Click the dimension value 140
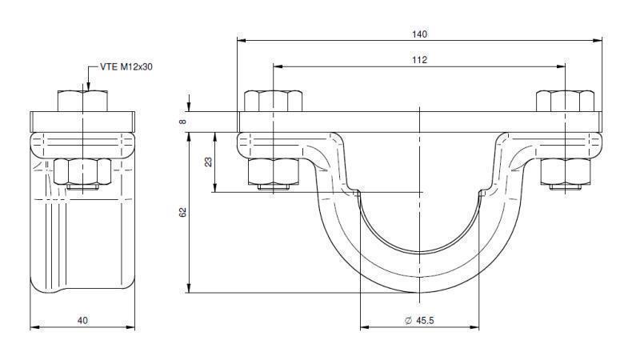click(x=420, y=34)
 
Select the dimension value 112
click(x=420, y=60)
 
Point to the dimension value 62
click(x=183, y=214)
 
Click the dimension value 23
click(x=209, y=162)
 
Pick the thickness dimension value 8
click(x=183, y=122)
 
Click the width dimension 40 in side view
click(x=82, y=320)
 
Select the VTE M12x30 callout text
click(x=126, y=67)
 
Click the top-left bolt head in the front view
click(x=273, y=102)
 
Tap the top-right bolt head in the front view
click(x=565, y=102)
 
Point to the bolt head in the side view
click(x=82, y=102)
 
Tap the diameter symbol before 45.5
click(x=408, y=320)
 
